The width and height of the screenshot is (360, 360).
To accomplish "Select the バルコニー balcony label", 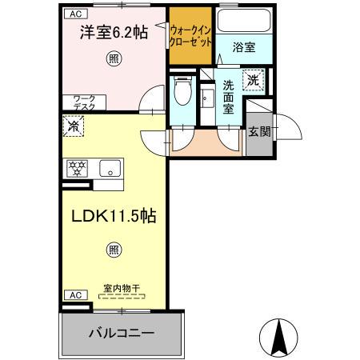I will point(122,332).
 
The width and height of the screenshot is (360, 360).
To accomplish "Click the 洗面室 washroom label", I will point(229,97).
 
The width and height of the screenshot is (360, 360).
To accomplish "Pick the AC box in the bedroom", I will point(74,14).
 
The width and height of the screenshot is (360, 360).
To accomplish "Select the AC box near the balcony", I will point(74,294).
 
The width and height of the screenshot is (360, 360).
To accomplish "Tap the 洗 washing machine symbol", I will point(253,79).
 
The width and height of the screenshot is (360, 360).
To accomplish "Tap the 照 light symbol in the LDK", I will point(114,249).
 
